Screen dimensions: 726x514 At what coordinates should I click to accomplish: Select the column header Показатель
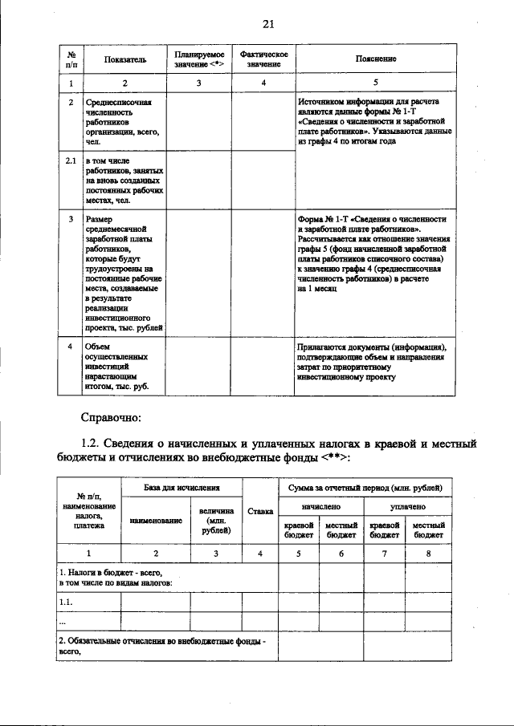(x=124, y=59)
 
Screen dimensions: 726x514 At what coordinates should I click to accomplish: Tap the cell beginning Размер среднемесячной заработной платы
(x=124, y=273)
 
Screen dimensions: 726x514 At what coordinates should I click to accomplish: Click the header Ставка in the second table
(x=260, y=511)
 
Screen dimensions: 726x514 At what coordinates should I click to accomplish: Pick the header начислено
(x=320, y=507)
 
